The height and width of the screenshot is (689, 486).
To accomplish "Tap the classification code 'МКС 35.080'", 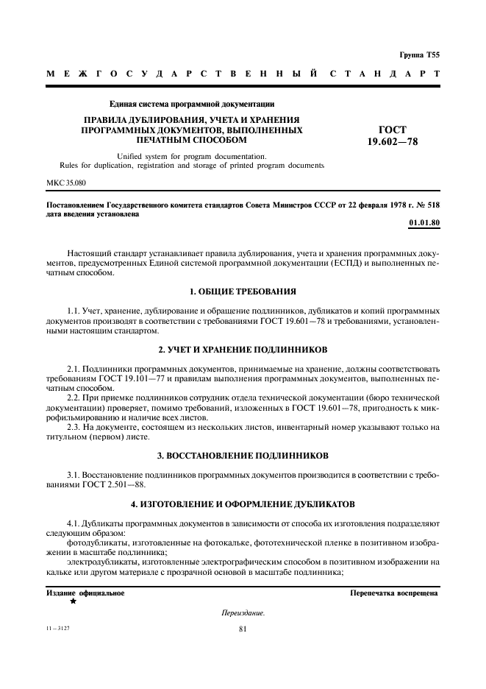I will point(66,182).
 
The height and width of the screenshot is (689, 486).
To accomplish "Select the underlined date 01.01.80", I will point(424,222).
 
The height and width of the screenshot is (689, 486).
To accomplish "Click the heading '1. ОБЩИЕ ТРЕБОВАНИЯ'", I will point(243,291).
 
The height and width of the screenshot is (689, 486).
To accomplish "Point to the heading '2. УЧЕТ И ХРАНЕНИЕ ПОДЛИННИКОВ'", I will point(243,348).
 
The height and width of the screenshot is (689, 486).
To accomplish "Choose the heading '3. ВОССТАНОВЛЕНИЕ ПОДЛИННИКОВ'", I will point(243,456).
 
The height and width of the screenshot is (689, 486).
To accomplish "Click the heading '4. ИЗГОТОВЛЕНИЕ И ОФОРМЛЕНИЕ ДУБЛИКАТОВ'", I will point(243,504).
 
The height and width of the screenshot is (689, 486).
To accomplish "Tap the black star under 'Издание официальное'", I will point(73,601).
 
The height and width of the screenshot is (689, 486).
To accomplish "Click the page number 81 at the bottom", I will point(243,629).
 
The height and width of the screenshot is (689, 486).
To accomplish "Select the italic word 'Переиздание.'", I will point(243,612).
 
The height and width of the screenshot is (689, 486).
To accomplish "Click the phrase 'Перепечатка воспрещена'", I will point(394,593).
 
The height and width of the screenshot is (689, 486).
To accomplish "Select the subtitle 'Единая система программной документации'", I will point(192,104).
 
